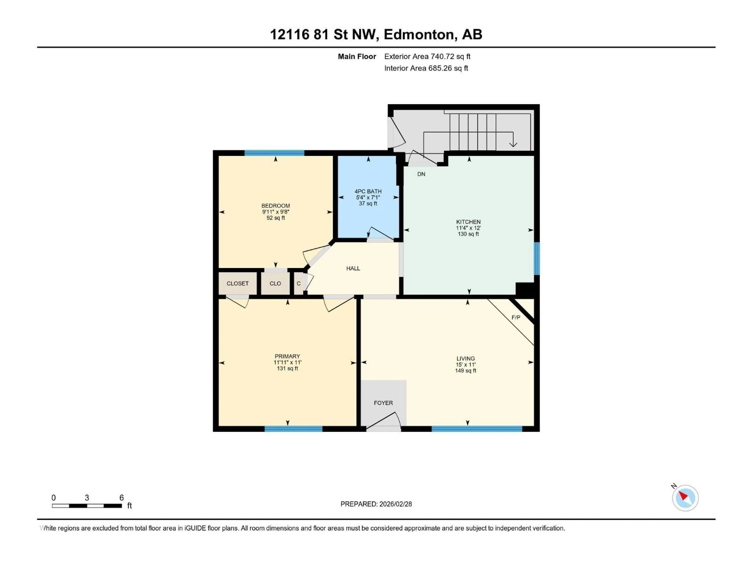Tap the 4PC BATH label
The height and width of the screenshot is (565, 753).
tap(368, 191)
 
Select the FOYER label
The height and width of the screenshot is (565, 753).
tap(383, 403)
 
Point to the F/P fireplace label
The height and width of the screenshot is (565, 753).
tap(516, 317)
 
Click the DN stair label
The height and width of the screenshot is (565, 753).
tap(421, 174)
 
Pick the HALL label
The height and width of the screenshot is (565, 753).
tap(353, 268)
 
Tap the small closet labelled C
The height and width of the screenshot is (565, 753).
tap(298, 283)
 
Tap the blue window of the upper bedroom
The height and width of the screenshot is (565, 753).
tap(274, 153)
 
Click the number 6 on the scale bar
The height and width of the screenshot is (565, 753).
tap(122, 498)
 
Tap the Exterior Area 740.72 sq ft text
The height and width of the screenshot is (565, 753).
tap(427, 56)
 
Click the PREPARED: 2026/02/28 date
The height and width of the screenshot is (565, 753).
tap(376, 504)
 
